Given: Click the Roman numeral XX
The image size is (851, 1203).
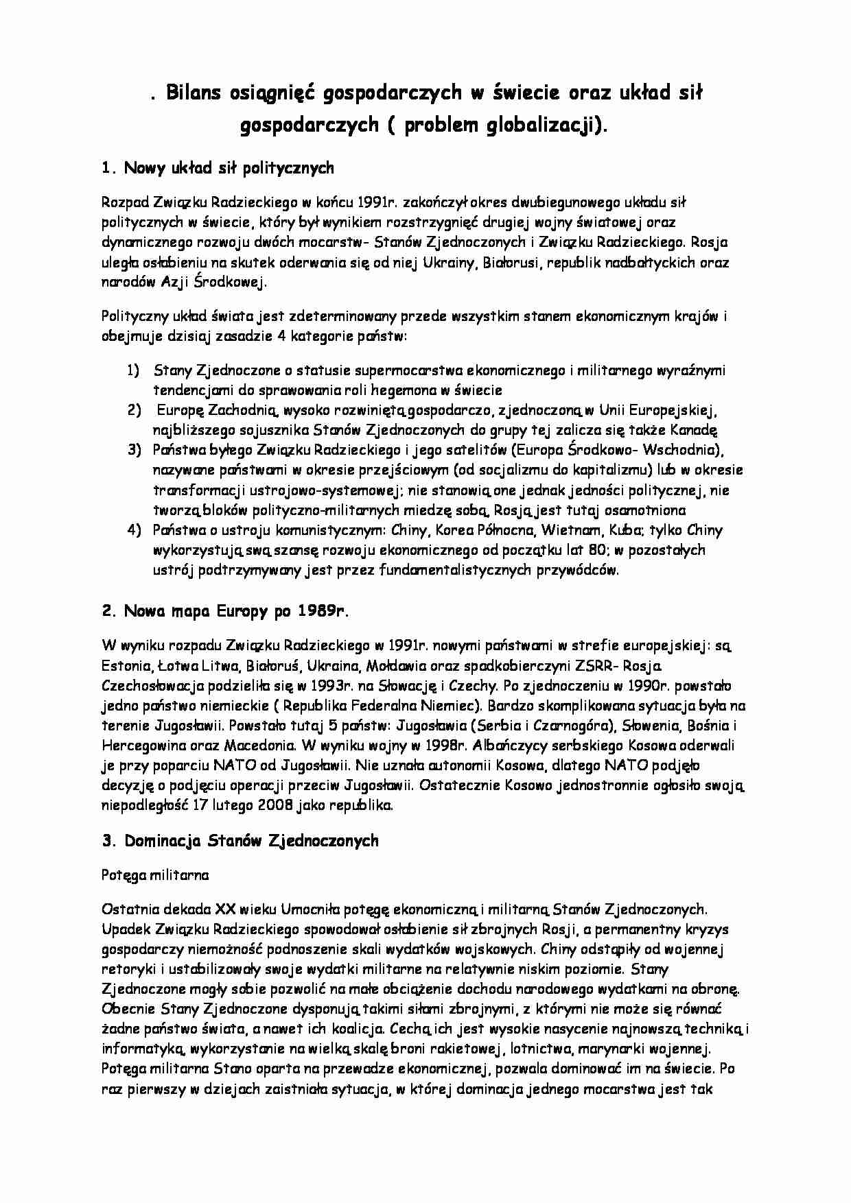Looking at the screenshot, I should [x=225, y=909].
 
